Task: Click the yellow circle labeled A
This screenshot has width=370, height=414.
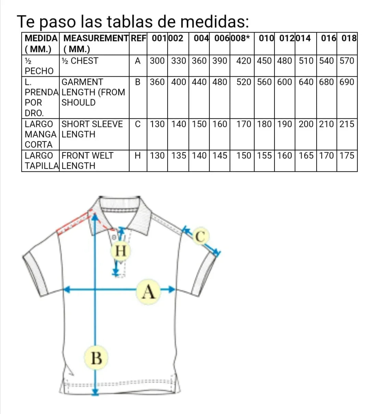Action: [x=148, y=292]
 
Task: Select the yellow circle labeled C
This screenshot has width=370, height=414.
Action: [x=201, y=236]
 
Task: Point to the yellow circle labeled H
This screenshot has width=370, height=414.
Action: [x=121, y=251]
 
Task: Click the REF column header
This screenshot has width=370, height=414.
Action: [x=138, y=38]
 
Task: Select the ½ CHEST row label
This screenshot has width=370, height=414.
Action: [x=80, y=61]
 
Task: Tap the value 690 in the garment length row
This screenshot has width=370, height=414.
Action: [x=347, y=82]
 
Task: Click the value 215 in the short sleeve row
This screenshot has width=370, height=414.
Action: [x=347, y=124]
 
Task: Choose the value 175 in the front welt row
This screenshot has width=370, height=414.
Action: [x=347, y=156]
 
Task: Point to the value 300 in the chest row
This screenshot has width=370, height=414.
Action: [x=157, y=61]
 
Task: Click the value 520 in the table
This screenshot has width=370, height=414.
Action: [x=244, y=82]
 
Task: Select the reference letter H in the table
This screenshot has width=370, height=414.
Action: [x=138, y=156]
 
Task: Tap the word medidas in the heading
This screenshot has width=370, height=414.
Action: [x=214, y=22]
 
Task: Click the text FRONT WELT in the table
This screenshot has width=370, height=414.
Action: [x=87, y=156]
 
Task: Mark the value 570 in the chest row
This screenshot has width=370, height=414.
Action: [x=347, y=61]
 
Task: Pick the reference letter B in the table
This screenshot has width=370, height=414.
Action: [x=138, y=82]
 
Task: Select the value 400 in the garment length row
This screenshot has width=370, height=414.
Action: [x=178, y=82]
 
